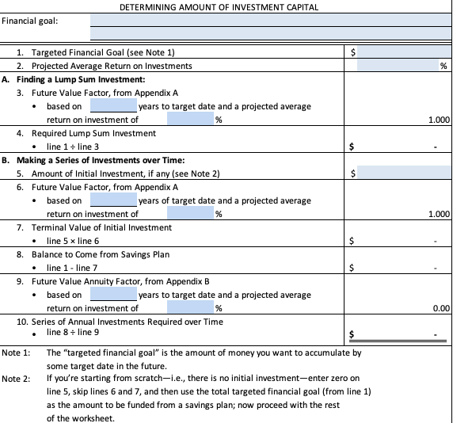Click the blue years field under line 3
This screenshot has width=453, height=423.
pyautogui.click(x=112, y=106)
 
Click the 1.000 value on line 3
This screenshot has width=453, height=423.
pyautogui.click(x=438, y=120)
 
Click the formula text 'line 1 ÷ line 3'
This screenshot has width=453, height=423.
pyautogui.click(x=73, y=147)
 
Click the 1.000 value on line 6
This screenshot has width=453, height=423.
pyautogui.click(x=438, y=214)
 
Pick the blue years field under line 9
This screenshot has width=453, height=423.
pyautogui.click(x=112, y=295)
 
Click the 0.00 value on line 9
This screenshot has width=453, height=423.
pyautogui.click(x=441, y=308)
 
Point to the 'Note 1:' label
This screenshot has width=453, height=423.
pyautogui.click(x=16, y=352)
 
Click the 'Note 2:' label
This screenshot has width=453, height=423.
pyautogui.click(x=16, y=379)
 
